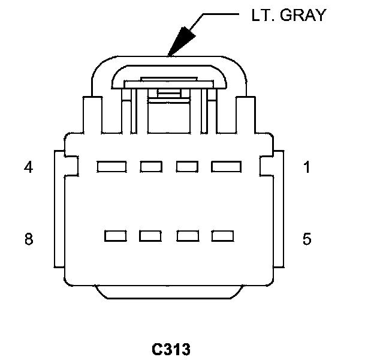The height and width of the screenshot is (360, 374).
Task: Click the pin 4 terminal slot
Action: tap(110, 166)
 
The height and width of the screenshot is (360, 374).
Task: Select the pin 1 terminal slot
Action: tap(225, 166)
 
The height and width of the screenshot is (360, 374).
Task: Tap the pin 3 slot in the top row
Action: tap(150, 166)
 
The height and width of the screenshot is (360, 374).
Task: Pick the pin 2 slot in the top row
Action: tap(187, 166)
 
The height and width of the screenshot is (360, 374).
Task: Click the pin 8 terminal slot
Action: tap(115, 236)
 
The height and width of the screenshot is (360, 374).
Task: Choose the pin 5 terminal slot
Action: tap(222, 236)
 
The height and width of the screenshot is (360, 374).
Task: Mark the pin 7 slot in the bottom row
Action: tap(150, 236)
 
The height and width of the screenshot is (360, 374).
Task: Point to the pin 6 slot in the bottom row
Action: tap(187, 236)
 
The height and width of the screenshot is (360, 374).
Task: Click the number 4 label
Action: tap(28, 167)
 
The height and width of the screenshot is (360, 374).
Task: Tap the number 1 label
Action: tap(307, 167)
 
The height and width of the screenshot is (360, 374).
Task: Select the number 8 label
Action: tap(28, 239)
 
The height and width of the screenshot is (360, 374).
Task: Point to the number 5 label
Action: tap(307, 239)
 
